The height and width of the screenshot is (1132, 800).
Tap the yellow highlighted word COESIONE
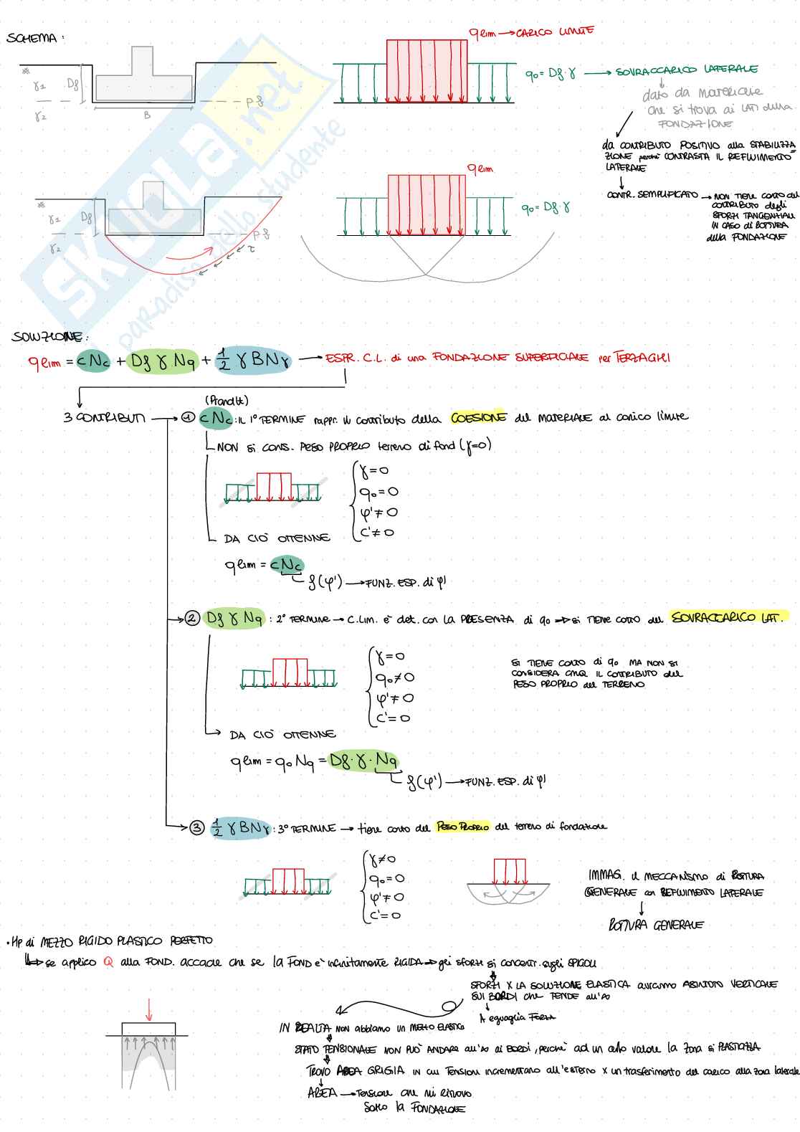pos(478,417)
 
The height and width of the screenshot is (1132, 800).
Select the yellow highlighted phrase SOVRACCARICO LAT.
pos(727,617)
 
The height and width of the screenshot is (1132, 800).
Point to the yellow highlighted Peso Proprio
pos(462,827)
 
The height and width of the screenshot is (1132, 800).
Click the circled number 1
pos(188,417)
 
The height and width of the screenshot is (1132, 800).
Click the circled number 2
pos(192,618)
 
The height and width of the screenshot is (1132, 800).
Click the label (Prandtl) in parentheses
pos(227,400)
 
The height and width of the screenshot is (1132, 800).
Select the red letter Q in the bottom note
pos(108,962)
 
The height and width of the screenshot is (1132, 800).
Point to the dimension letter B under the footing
pos(147,115)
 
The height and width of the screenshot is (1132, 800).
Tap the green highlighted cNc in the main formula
pos(93,362)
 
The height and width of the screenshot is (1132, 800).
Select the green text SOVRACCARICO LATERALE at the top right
pos(686,70)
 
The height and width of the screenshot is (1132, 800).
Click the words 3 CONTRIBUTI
pos(104,417)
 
